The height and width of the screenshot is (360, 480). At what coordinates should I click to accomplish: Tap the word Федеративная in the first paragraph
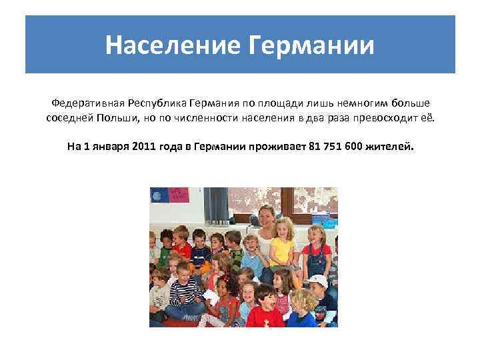tap(89, 103)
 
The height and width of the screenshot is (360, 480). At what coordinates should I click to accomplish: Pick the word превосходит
tap(393, 117)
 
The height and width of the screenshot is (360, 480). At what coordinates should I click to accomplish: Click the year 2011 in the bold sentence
tap(146, 145)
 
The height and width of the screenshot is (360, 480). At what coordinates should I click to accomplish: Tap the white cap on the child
tap(319, 281)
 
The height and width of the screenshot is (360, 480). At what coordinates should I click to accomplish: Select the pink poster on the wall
tap(178, 195)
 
